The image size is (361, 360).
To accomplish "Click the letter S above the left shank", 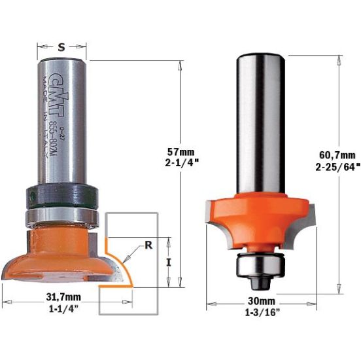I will click(x=62, y=46).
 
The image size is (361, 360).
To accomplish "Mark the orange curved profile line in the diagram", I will click(x=118, y=268).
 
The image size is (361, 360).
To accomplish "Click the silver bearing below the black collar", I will click(x=63, y=216).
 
